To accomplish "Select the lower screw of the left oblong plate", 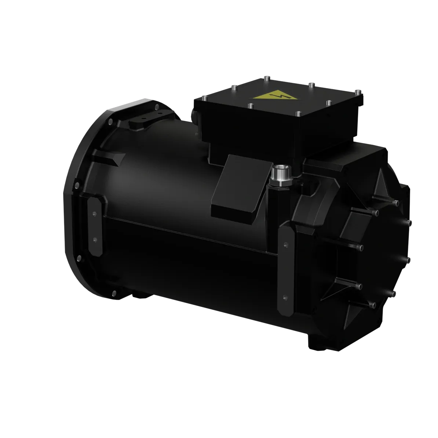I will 95,239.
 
